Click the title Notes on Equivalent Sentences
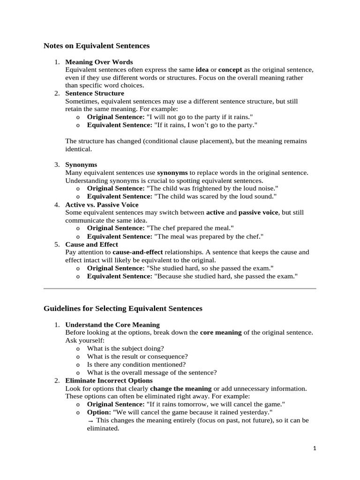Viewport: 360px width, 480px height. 97,46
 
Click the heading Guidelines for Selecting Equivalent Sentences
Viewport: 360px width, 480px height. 123,308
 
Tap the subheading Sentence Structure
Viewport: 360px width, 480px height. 95,93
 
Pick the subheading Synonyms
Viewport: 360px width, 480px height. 81,165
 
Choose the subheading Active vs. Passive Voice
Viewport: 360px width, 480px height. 102,204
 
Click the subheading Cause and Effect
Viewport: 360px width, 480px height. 91,244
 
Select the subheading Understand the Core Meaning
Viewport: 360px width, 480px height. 112,324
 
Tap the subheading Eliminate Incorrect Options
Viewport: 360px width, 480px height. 109,380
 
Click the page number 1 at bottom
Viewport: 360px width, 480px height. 315,449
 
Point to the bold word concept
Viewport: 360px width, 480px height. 231,69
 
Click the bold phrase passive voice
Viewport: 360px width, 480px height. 258,212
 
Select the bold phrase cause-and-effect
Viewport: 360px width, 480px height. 138,252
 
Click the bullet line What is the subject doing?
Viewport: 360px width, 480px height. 125,348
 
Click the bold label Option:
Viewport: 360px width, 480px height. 99,412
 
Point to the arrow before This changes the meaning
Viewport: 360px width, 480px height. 90,420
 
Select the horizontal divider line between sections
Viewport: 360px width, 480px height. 180,289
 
